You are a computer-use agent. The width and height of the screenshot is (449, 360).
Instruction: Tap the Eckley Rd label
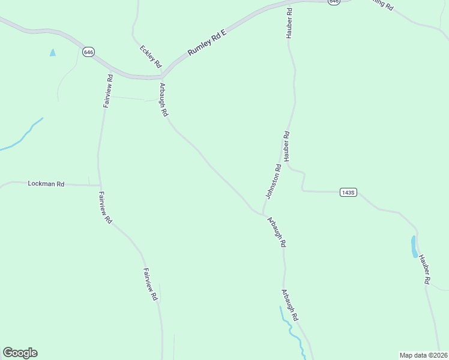click(151, 56)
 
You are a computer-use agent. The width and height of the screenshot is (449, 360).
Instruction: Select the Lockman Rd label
click(46, 184)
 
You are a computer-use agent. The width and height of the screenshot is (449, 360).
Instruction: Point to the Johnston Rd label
click(274, 182)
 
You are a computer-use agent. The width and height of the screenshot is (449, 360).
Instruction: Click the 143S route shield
click(348, 192)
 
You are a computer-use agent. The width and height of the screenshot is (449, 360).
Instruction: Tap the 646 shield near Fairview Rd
click(88, 52)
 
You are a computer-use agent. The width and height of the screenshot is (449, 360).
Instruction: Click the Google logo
click(20, 353)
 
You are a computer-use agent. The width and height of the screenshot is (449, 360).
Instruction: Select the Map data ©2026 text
click(423, 355)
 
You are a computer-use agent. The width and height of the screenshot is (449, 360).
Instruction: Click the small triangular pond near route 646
click(53, 53)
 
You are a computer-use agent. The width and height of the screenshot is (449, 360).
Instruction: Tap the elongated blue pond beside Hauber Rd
click(414, 246)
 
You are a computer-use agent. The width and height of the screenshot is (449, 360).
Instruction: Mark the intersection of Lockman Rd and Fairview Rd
click(100, 185)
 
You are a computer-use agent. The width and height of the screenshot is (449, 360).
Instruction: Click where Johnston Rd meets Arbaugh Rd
click(262, 213)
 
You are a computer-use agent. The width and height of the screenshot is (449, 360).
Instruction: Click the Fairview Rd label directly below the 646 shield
click(107, 90)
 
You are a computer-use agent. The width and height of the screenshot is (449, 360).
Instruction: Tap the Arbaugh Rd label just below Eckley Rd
click(163, 100)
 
